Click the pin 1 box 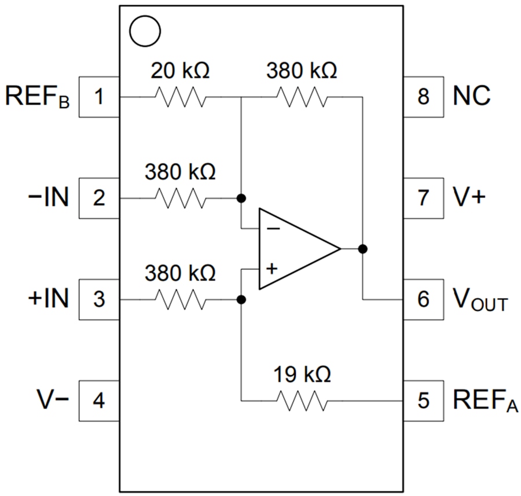pos(99,97)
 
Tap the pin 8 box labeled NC pos(423,97)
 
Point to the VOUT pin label pos(480,300)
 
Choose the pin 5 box pos(423,401)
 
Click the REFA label pos(482,401)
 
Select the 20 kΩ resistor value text pos(180,72)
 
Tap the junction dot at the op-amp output pos(363,249)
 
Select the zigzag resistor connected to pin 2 pos(180,199)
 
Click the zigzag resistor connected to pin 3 pos(180,300)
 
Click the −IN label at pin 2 pos(48,198)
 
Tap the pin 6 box pos(423,300)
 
